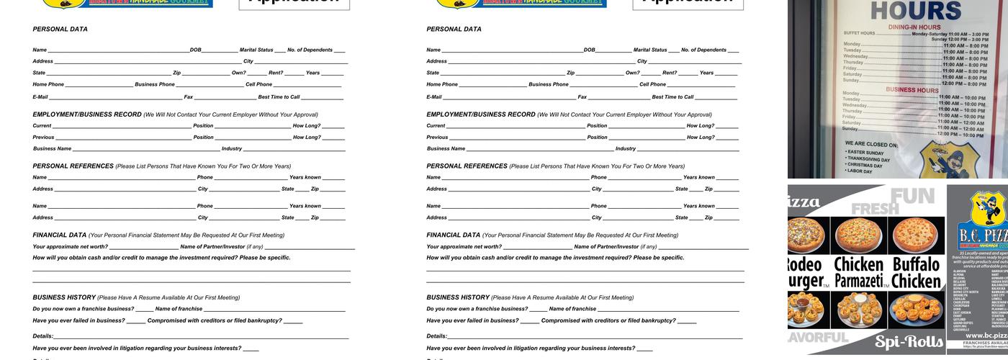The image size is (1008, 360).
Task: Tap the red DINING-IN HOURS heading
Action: pos(914,27)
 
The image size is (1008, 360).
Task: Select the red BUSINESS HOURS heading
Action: pos(912,90)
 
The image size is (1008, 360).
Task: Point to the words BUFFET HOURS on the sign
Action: pos(860,33)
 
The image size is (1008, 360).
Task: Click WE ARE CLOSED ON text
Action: pos(871,144)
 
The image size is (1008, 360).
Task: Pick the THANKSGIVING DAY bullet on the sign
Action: pos(869,159)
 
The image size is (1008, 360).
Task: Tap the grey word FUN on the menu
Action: pos(912,196)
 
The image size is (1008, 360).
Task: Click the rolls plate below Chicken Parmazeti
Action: pos(858,309)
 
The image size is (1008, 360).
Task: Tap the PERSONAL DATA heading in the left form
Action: pos(60,30)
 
